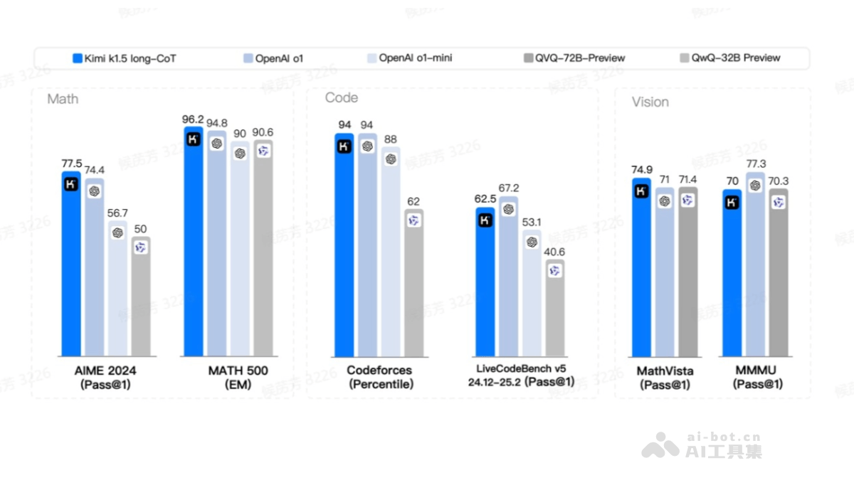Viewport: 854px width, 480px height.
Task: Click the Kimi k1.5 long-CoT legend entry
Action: pos(124,58)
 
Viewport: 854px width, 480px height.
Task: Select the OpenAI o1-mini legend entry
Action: pos(409,58)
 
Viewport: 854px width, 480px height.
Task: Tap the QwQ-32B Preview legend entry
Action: pos(730,58)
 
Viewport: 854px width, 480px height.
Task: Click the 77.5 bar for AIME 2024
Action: pos(71,270)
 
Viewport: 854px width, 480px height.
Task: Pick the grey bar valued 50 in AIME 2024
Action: pos(141,299)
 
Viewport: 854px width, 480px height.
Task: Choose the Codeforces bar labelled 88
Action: pos(390,256)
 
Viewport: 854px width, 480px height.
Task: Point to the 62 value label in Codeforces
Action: pos(413,201)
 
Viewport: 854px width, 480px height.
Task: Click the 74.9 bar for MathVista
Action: pos(641,270)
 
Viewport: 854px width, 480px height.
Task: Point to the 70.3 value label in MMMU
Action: pos(779,181)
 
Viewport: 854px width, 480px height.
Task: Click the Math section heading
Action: pos(63,99)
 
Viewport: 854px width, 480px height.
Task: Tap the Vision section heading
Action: pos(650,102)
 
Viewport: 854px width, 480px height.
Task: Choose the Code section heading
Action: pos(342,97)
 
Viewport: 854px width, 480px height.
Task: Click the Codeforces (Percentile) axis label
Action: pos(379,377)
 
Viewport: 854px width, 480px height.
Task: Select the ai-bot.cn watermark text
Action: pos(722,437)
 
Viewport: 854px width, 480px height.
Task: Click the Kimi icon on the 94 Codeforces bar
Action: pos(344,146)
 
